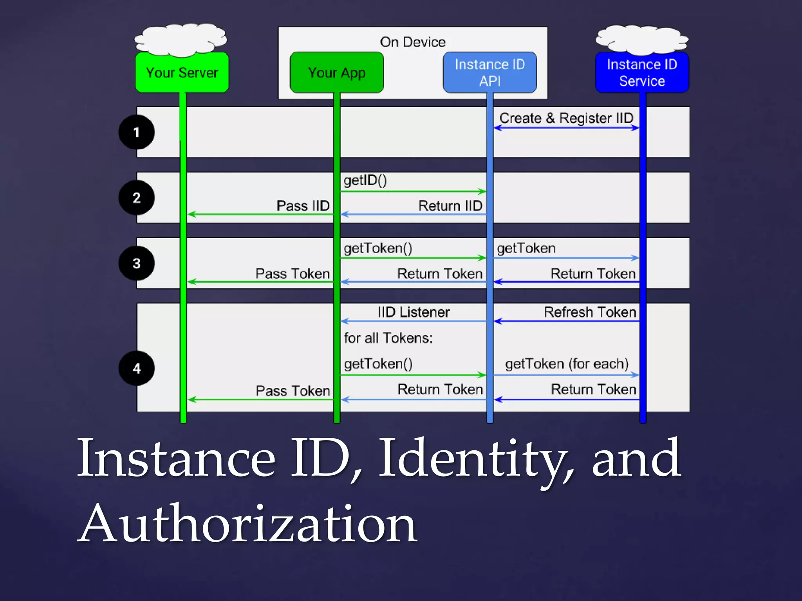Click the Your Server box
182,73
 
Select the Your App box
337,73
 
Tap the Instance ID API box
490,73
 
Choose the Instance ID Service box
642,73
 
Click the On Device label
413,42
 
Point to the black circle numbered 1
136,132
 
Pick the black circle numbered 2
136,198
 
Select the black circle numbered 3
136,263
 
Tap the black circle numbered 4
136,368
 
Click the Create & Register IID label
566,118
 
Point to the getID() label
365,180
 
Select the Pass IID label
303,206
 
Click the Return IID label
450,206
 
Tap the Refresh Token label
590,312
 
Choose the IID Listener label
414,312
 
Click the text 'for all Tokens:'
388,338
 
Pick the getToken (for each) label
567,364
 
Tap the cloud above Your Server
181,39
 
